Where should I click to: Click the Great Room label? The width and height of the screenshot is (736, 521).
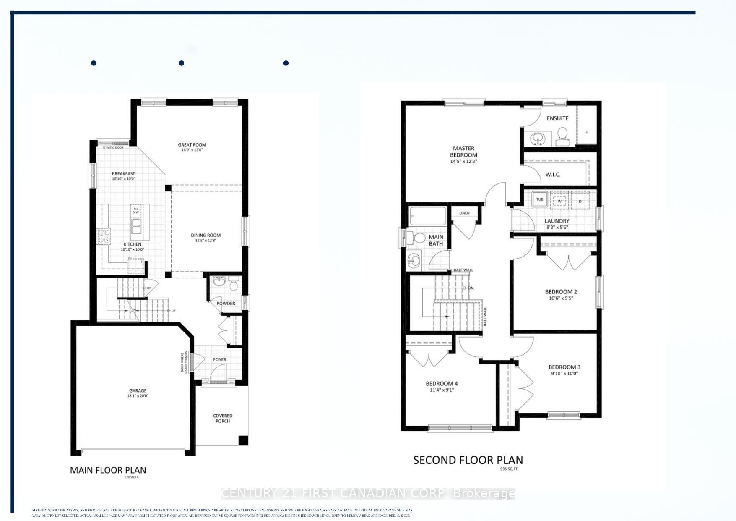pyautogui.click(x=192, y=145)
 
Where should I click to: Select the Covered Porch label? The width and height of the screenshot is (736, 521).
pyautogui.click(x=223, y=418)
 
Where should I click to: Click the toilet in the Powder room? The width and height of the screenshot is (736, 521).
pyautogui.click(x=234, y=285)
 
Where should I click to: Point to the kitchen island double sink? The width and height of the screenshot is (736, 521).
pyautogui.click(x=136, y=227)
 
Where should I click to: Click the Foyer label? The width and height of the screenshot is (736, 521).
pyautogui.click(x=219, y=359)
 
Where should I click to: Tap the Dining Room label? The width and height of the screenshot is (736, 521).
pyautogui.click(x=205, y=236)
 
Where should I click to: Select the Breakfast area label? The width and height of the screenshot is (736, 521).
pyautogui.click(x=123, y=173)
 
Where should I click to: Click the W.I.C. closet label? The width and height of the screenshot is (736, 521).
pyautogui.click(x=553, y=175)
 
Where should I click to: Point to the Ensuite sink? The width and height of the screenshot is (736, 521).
pyautogui.click(x=537, y=137)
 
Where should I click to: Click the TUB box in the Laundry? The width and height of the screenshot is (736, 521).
pyautogui.click(x=540, y=199)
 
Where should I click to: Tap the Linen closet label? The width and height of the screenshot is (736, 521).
pyautogui.click(x=464, y=213)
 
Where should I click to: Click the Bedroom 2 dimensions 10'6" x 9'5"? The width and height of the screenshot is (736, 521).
pyautogui.click(x=561, y=298)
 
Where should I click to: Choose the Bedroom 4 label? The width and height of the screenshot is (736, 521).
pyautogui.click(x=442, y=383)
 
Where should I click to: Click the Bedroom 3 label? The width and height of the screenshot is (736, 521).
pyautogui.click(x=564, y=367)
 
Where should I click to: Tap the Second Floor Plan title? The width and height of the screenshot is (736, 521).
pyautogui.click(x=468, y=460)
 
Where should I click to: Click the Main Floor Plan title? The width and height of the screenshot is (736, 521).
pyautogui.click(x=108, y=470)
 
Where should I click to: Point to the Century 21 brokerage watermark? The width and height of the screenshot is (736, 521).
pyautogui.click(x=368, y=493)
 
